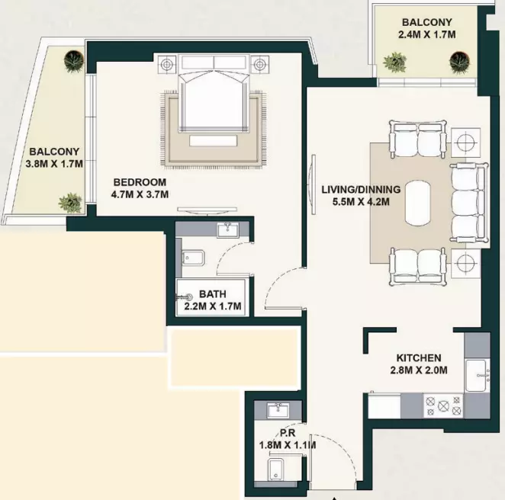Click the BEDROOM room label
click(x=140, y=182)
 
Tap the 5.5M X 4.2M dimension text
click(x=361, y=202)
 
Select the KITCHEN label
click(x=419, y=357)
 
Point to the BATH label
click(x=213, y=293)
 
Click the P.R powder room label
click(x=288, y=433)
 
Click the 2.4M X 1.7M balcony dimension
click(x=427, y=34)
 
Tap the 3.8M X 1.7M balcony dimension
click(x=54, y=164)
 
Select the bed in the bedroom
click(x=214, y=93)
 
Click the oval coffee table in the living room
click(x=418, y=203)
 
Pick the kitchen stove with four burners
click(x=443, y=406)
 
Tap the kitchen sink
click(x=477, y=375)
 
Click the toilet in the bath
click(x=193, y=258)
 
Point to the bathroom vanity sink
click(x=227, y=230)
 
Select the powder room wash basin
click(x=278, y=410)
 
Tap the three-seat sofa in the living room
click(x=469, y=203)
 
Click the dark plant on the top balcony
click(x=459, y=62)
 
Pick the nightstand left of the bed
click(x=167, y=64)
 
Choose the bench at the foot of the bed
click(x=213, y=140)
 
